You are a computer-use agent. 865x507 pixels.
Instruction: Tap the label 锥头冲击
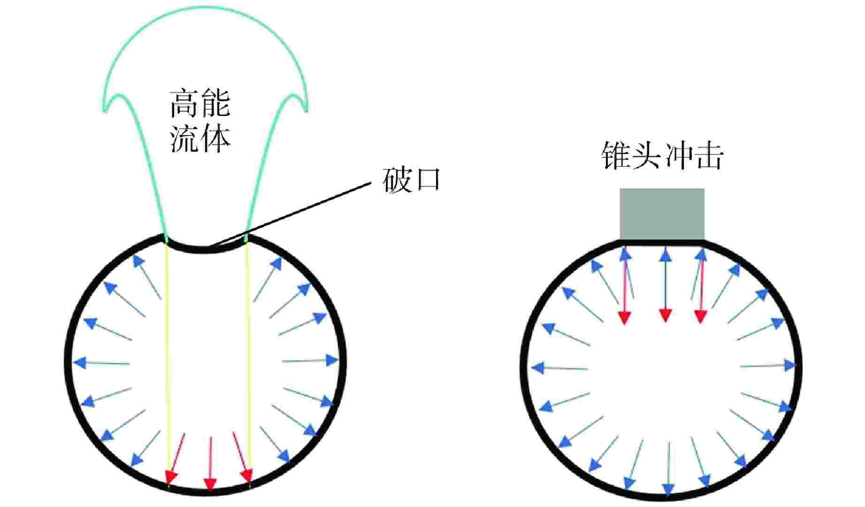click(x=662, y=156)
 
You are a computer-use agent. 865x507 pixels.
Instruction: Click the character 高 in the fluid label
click(x=184, y=104)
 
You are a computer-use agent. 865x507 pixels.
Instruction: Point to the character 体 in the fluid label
click(x=215, y=138)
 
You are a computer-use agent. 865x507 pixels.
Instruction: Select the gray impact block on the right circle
click(x=662, y=214)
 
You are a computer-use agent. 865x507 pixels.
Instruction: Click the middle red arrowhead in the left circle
click(x=210, y=484)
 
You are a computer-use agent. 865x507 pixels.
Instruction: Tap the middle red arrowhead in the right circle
click(x=665, y=315)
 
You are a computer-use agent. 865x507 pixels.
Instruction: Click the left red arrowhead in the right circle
click(x=624, y=317)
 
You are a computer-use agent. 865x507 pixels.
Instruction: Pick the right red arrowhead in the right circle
click(x=700, y=316)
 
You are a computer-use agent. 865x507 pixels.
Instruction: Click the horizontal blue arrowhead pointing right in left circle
click(x=332, y=361)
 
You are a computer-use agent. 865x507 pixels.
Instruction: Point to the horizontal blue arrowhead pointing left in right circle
click(x=538, y=368)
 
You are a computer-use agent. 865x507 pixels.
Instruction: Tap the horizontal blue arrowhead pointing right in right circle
click(x=790, y=365)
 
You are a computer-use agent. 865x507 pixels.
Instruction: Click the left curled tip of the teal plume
click(x=105, y=109)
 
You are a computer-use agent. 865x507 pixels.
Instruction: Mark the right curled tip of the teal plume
click(x=306, y=109)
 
